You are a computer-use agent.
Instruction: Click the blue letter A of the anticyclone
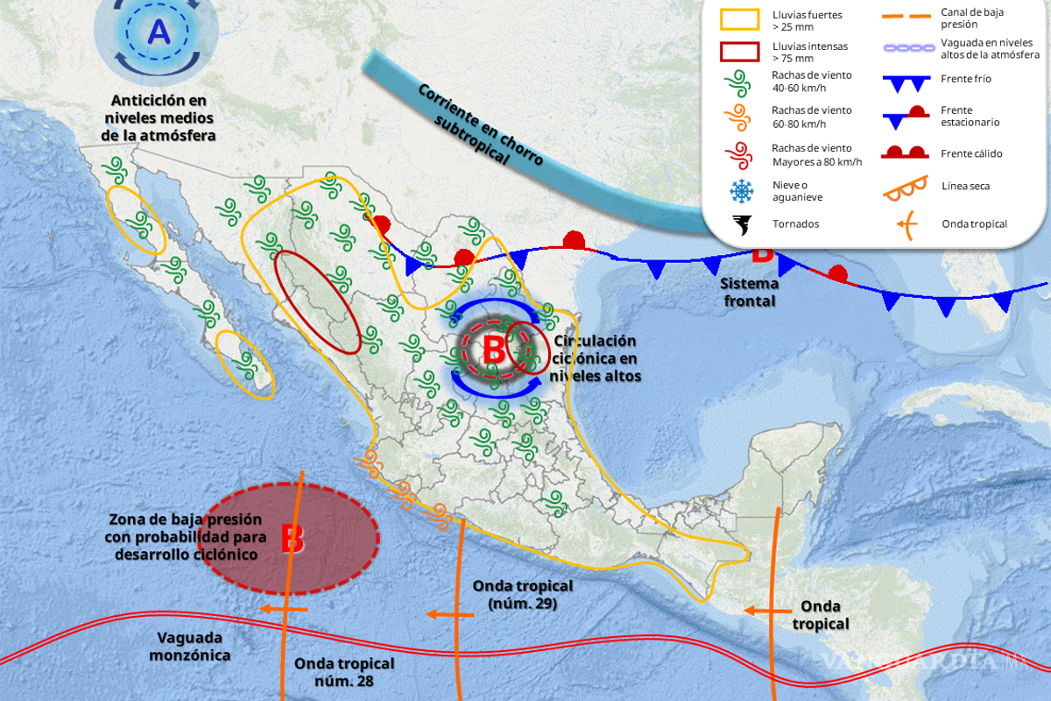click(x=159, y=32)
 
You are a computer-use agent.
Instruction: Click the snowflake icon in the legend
click(x=742, y=191)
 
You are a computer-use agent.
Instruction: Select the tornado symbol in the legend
click(x=742, y=224)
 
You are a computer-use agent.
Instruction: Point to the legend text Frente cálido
click(x=970, y=154)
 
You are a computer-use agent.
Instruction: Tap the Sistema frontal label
click(x=748, y=293)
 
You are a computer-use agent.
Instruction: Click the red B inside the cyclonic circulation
click(x=494, y=349)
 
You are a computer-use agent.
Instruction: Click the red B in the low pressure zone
click(x=292, y=538)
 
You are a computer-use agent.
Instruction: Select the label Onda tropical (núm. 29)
click(x=522, y=594)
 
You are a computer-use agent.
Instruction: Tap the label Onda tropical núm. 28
click(x=344, y=671)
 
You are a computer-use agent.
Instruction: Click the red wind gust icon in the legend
click(x=742, y=155)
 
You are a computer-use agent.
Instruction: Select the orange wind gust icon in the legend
click(x=742, y=117)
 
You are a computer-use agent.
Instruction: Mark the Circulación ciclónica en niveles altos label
click(x=595, y=358)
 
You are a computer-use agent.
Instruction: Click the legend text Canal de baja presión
click(x=972, y=18)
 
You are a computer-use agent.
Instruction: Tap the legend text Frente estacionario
click(x=970, y=116)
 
